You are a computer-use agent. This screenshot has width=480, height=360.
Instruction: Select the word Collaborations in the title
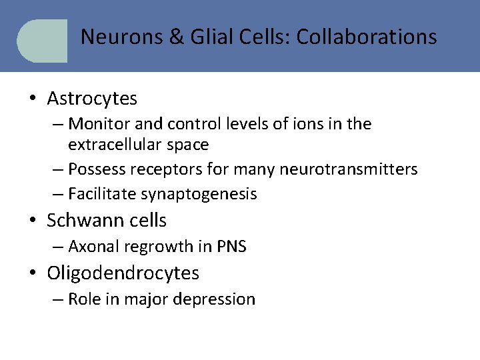[x=367, y=36]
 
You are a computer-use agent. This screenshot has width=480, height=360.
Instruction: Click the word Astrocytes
[x=92, y=99]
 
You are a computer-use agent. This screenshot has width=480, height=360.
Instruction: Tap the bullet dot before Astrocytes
[x=32, y=99]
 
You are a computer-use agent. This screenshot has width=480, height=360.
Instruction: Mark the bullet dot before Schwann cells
[x=32, y=221]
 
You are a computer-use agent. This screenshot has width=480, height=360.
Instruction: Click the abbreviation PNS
[x=232, y=247]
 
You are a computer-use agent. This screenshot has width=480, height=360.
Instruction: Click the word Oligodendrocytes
[x=123, y=273]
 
